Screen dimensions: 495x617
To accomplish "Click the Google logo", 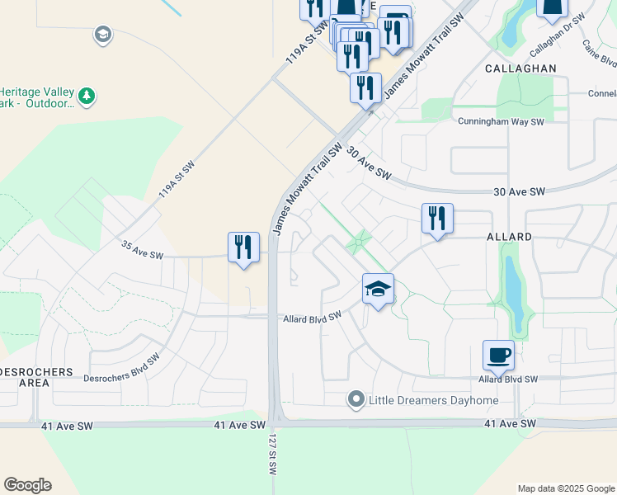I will point(27,485).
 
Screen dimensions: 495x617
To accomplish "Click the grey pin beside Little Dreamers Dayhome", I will point(356,400).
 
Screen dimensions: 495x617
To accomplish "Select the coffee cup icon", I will point(498,356).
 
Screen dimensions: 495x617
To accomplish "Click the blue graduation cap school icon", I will point(378,290).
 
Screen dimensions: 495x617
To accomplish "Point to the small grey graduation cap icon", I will point(102,35).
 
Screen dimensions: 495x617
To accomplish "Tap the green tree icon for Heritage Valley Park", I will point(87,97).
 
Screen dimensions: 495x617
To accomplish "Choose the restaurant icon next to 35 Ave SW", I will point(243,247).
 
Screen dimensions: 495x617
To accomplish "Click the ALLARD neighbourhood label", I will point(509,237).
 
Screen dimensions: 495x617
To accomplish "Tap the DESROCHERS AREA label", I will point(36,378).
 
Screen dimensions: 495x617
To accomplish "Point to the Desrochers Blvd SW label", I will point(121,369).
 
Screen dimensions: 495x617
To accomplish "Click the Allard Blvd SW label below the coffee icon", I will point(508,379).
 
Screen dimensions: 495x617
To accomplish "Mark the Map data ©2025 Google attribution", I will point(565,488).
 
